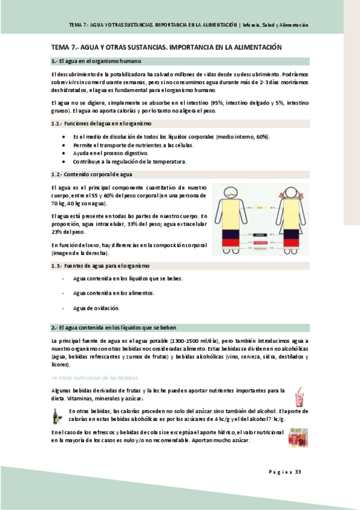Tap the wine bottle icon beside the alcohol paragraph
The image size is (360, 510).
tap(58, 415)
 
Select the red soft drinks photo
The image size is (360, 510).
tap(298, 437)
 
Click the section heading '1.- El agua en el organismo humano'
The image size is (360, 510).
tap(96, 61)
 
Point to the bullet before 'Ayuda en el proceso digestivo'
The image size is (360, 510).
tap(64, 153)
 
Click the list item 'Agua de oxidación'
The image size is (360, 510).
tap(96, 308)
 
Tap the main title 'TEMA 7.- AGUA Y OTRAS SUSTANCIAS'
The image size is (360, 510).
tap(166, 46)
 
